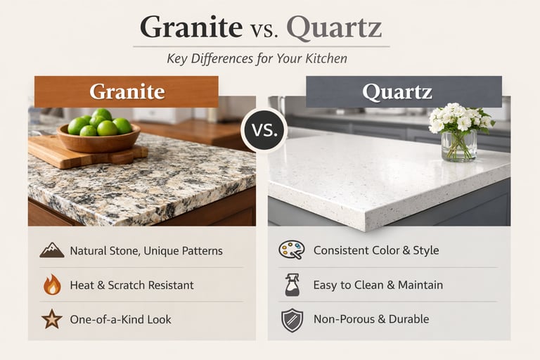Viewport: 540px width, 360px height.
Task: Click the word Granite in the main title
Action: coord(191,28)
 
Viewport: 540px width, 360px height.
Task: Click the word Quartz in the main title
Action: coord(334,28)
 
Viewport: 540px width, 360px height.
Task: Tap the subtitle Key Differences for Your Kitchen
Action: coord(257,58)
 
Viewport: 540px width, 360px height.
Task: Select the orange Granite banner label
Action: coord(127,91)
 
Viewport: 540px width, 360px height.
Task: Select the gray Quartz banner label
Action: coord(404,91)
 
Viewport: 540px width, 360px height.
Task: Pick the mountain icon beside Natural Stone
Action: coord(51,250)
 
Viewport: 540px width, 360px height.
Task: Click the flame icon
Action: coord(51,285)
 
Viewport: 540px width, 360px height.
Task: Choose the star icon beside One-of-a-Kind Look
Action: coord(51,319)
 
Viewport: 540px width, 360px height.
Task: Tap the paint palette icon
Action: coord(290,250)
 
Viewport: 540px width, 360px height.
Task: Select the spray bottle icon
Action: coord(291,285)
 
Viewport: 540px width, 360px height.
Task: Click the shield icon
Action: coord(291,319)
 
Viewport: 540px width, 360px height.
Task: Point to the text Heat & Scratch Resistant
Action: coord(131,285)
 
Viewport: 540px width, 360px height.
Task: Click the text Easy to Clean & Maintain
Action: coord(378,285)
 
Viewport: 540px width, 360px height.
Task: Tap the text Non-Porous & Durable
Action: coord(371,319)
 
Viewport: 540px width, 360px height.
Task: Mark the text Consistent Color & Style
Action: coord(376,250)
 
